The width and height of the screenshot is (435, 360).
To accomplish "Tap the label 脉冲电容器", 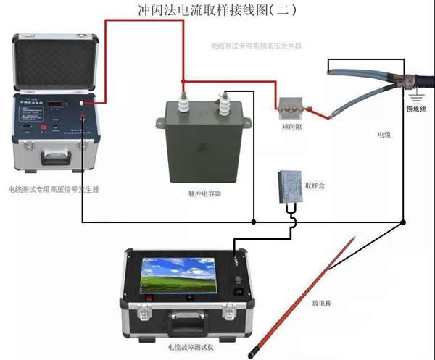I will click(204, 196).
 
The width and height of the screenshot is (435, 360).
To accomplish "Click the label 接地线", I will click(416, 109).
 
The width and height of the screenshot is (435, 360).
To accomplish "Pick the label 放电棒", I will click(323, 304).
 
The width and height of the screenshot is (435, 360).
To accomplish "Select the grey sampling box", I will click(294, 187).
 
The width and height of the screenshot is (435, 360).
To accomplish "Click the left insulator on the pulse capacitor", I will click(184, 96).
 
